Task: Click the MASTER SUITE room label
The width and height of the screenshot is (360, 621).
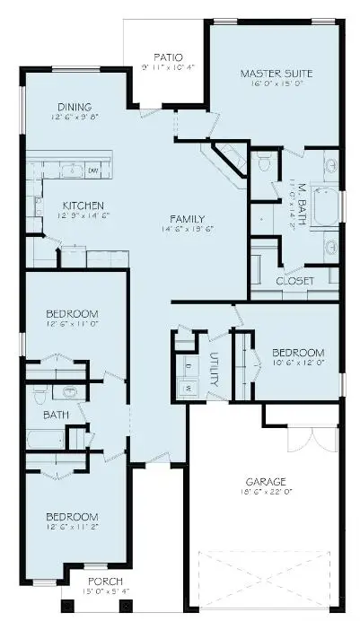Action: [x=275, y=73]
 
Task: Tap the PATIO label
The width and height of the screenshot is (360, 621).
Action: [x=168, y=56]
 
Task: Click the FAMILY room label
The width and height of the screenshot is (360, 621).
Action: [x=188, y=219]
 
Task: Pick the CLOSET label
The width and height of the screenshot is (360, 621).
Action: [x=294, y=281]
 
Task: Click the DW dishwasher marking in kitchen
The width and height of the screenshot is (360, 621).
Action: [x=92, y=170]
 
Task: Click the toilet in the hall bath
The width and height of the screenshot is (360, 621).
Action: [x=40, y=395]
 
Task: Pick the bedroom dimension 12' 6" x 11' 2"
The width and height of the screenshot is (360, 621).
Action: [x=73, y=529]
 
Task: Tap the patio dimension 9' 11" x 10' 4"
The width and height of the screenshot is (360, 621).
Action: [x=168, y=67]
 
